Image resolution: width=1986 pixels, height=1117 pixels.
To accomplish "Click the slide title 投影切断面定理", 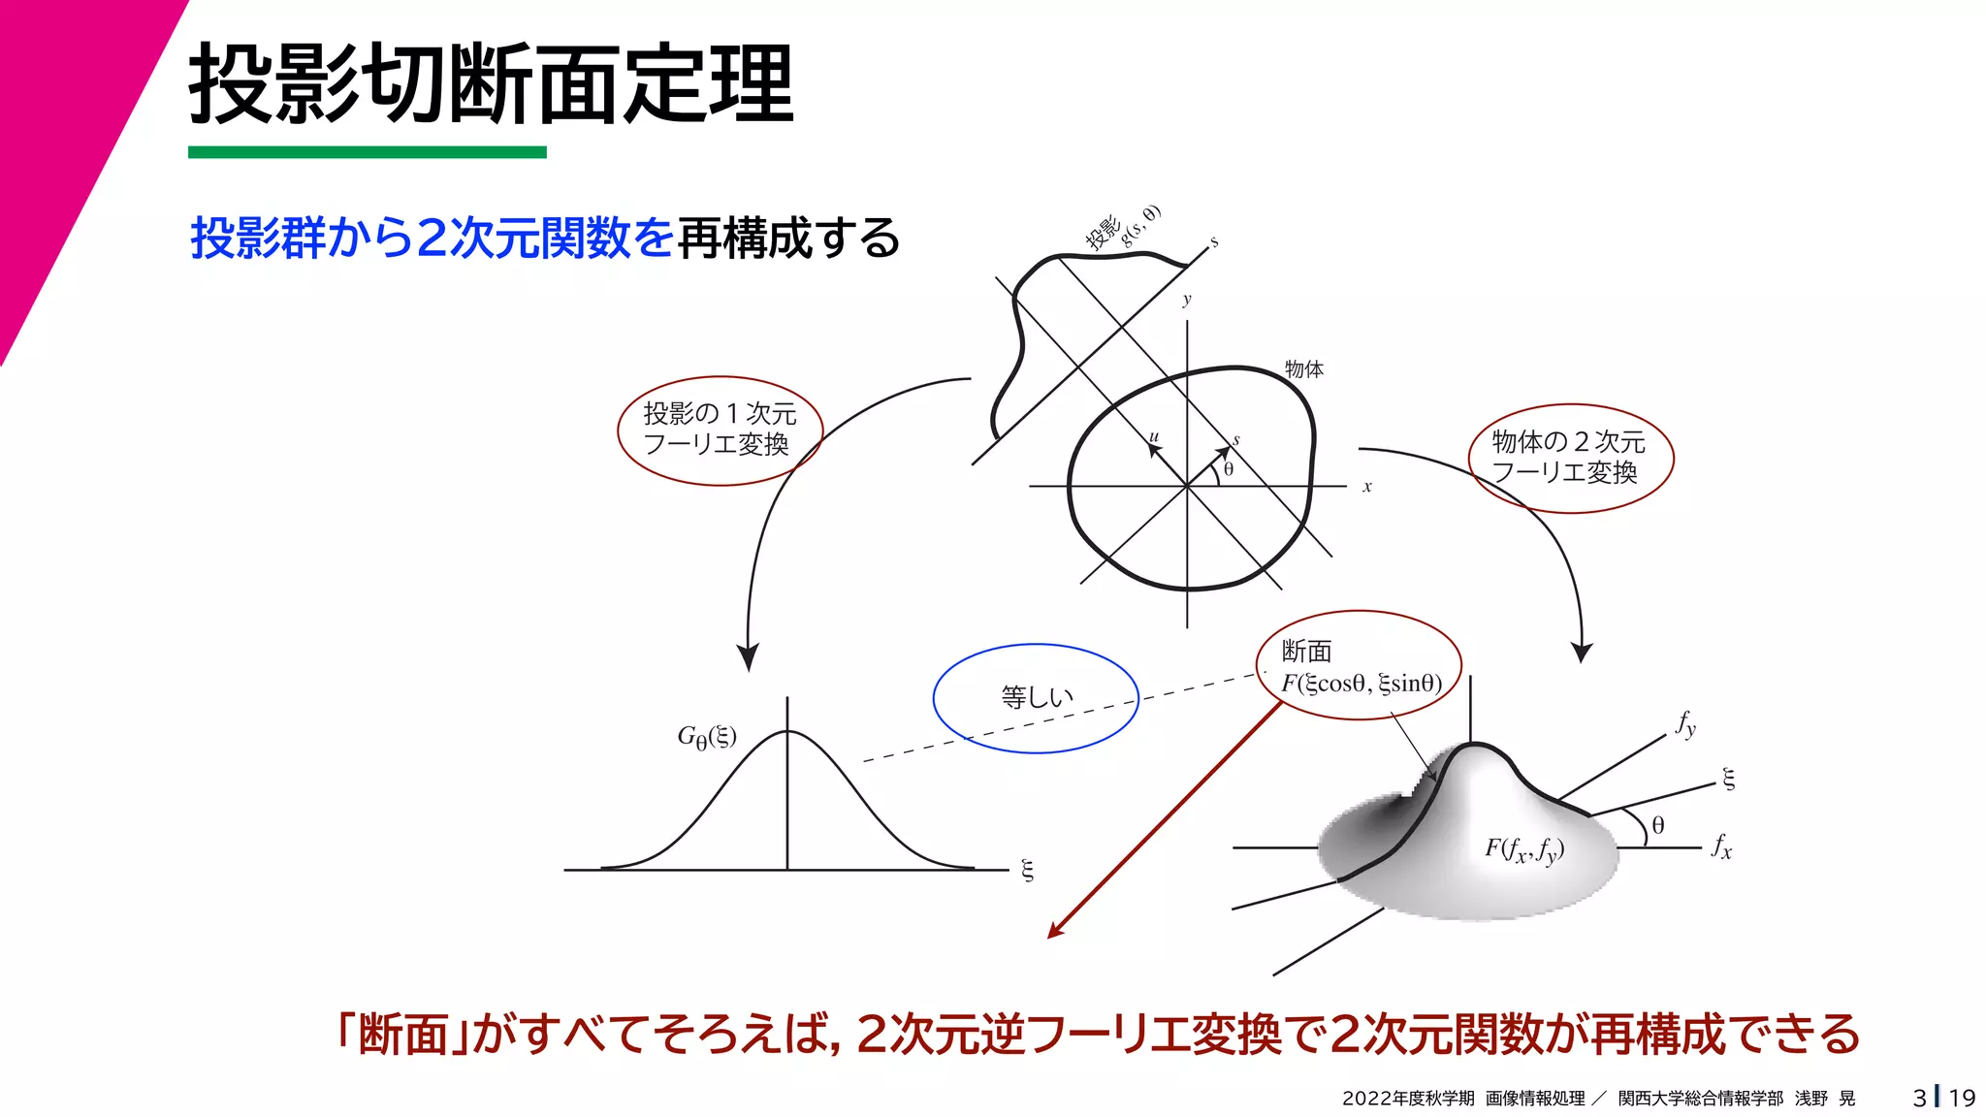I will click(492, 84).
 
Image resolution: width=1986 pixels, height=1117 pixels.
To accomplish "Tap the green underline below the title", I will click(367, 152).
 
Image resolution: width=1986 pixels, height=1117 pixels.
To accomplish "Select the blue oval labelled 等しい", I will click(1036, 697).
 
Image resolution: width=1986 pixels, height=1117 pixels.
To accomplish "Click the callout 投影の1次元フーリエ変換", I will click(720, 430).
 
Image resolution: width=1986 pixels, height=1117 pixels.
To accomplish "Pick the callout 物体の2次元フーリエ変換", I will click(1569, 458).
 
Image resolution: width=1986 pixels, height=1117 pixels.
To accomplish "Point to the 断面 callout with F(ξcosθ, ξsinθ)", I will click(1360, 666).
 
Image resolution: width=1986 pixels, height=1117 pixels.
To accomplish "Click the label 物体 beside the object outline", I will click(1303, 369).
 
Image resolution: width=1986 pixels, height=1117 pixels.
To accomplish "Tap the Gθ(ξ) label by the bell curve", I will click(707, 738).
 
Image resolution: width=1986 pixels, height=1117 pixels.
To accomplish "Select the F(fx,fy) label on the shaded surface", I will click(1524, 849).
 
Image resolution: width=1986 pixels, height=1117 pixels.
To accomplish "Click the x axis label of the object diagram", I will click(1367, 487).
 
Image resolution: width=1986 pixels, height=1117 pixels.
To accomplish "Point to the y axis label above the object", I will click(1187, 300).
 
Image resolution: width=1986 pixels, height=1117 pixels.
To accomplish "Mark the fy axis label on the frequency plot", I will click(1686, 724).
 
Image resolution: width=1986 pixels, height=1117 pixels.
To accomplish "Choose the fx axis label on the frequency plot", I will click(1721, 846).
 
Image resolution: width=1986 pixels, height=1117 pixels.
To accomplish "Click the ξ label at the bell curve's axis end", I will click(1028, 870).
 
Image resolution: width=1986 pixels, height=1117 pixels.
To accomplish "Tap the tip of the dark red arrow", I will click(1051, 936).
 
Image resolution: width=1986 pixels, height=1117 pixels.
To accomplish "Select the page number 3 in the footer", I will click(1919, 1098).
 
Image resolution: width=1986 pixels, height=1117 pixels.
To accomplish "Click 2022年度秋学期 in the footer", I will click(1408, 1099).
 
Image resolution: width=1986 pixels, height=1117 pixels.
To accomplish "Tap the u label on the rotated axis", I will click(1154, 437).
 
